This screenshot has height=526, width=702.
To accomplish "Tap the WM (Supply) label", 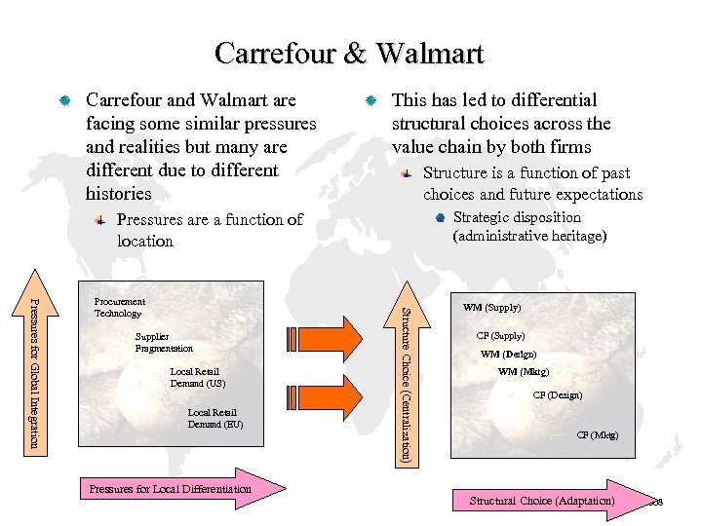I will click(x=491, y=308).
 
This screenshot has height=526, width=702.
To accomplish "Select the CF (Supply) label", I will click(x=500, y=336).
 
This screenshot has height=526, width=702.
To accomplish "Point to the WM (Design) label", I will click(x=508, y=355).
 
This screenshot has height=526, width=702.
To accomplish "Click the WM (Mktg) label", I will click(x=523, y=372).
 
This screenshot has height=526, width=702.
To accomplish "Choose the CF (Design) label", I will click(x=557, y=395).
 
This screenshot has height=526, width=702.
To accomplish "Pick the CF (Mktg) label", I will click(x=597, y=435).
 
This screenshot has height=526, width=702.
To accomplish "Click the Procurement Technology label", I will click(x=119, y=308).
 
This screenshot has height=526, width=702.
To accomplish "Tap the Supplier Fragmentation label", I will click(x=164, y=343).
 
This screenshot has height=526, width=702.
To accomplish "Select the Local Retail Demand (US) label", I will click(x=197, y=378).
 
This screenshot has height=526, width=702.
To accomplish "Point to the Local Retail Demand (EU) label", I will click(x=214, y=419).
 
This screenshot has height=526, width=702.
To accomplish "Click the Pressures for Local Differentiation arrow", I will click(x=181, y=489).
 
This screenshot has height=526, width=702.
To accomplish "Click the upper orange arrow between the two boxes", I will click(x=346, y=332).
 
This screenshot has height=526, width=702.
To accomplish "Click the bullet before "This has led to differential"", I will click(x=370, y=101).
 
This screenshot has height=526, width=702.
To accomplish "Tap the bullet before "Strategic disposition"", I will click(x=440, y=217).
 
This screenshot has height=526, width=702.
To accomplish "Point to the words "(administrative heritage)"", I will click(x=529, y=237).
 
